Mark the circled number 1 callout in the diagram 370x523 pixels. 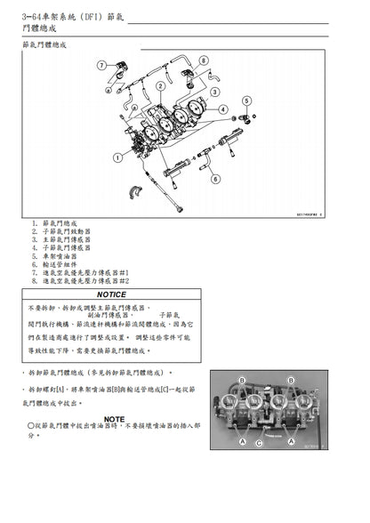click(117, 158)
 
